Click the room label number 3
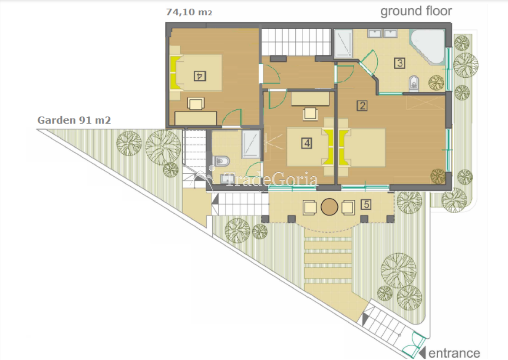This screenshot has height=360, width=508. (399, 63)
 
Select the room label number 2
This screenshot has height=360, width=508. (362, 106)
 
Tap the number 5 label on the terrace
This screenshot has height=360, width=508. (366, 205)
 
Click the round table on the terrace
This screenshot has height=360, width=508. (329, 207)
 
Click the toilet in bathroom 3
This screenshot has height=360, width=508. (414, 83)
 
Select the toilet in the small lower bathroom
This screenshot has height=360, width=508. (221, 161)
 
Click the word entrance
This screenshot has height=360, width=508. (454, 353)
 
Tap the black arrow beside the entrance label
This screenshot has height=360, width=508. (422, 353)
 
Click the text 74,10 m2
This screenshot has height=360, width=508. (189, 12)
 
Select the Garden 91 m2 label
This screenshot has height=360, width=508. (74, 120)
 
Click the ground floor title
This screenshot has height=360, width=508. (416, 11)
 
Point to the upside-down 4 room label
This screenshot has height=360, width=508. (200, 76)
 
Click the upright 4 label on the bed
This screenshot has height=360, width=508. (307, 143)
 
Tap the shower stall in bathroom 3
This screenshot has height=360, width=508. (343, 43)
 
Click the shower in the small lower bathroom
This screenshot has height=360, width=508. (251, 144)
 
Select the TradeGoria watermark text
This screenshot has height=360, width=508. (270, 179)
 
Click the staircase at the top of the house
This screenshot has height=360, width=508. (296, 42)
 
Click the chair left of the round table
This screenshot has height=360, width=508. (310, 208)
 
